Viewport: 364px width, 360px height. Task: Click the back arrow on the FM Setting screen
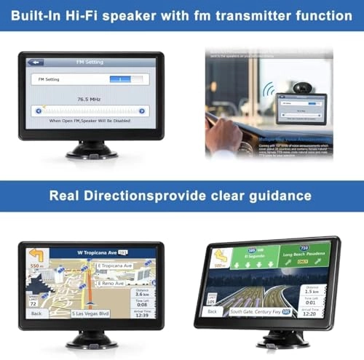(x=36, y=63)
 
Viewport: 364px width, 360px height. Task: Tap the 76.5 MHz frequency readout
(x=91, y=97)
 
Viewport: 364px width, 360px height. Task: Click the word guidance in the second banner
(x=277, y=196)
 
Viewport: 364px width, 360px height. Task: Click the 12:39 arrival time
(x=143, y=315)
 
